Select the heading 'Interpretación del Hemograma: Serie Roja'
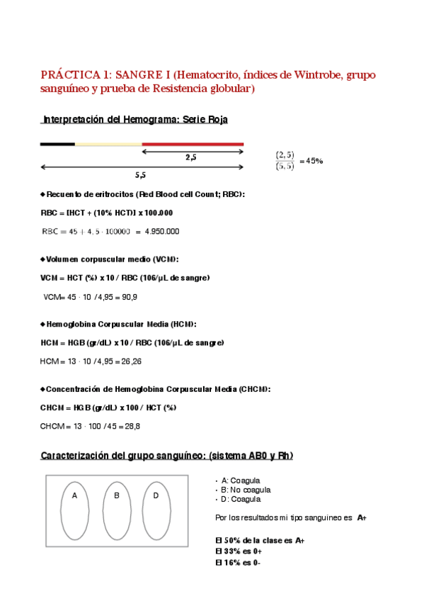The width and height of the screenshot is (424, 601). pos(134,120)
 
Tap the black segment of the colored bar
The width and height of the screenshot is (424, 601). pos(57,144)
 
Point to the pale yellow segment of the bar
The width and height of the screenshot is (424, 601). pos(108,144)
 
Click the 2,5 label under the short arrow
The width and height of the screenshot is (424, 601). pos(191,157)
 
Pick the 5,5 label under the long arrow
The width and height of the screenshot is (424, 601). pos(140,174)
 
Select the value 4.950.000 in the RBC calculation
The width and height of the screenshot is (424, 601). pos(161,231)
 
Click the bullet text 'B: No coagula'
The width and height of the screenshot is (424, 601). pos(245,490)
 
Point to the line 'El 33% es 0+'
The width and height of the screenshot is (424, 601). pos(239,551)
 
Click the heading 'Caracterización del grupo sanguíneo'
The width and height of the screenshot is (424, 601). pos(166,455)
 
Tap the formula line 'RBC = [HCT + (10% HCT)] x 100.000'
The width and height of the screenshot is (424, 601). pos(107,213)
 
